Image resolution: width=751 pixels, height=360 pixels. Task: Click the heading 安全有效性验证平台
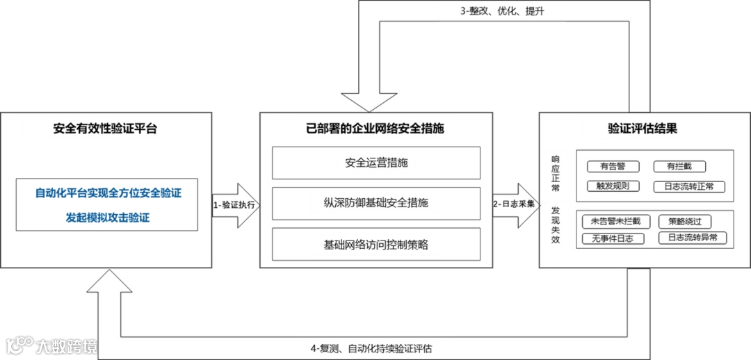[x=105, y=129]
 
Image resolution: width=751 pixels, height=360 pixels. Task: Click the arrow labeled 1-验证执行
[x=234, y=205]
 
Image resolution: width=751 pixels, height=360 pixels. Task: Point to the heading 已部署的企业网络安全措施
[x=375, y=129]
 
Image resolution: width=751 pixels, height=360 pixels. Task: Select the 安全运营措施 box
[x=375, y=163]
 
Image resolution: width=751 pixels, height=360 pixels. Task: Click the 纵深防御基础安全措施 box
[x=375, y=203]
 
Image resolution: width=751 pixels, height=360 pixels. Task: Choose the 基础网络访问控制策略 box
[x=375, y=244]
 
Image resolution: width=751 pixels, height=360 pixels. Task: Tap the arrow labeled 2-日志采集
[x=515, y=205]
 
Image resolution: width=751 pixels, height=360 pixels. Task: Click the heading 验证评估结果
[x=643, y=129]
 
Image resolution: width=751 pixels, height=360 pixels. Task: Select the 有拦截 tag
[x=680, y=166]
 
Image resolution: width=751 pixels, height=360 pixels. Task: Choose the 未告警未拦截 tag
[x=615, y=222]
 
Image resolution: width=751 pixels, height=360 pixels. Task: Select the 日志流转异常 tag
[x=693, y=238]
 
